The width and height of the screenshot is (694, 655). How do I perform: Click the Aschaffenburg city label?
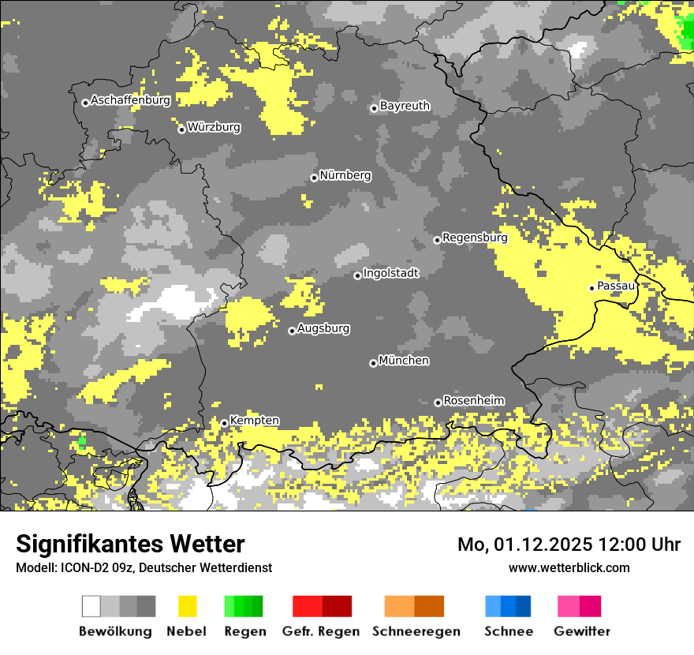(x=130, y=100)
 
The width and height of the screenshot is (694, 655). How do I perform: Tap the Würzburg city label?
(x=214, y=127)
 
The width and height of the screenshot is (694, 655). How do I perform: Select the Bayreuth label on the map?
(x=405, y=106)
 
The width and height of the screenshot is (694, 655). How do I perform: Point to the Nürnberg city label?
(x=345, y=175)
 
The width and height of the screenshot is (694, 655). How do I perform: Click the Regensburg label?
(x=475, y=238)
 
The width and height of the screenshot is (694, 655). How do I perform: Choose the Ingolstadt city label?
(x=391, y=273)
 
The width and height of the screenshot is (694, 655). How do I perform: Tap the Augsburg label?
(x=323, y=328)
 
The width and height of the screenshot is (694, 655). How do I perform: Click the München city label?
(x=404, y=361)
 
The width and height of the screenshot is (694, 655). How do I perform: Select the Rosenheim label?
(x=473, y=401)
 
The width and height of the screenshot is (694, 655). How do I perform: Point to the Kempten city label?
(x=254, y=421)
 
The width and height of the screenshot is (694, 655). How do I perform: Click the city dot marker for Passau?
(x=591, y=288)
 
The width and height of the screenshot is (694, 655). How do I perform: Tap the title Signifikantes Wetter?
(x=130, y=544)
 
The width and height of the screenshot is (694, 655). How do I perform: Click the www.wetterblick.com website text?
(x=569, y=567)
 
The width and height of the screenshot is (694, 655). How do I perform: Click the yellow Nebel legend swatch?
(x=187, y=606)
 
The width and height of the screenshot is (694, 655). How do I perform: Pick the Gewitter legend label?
(x=582, y=631)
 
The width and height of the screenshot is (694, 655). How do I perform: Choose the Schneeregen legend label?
(x=417, y=631)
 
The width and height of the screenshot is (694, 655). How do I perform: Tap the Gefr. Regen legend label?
(x=321, y=631)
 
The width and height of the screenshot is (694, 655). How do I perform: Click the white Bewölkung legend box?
(x=91, y=606)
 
